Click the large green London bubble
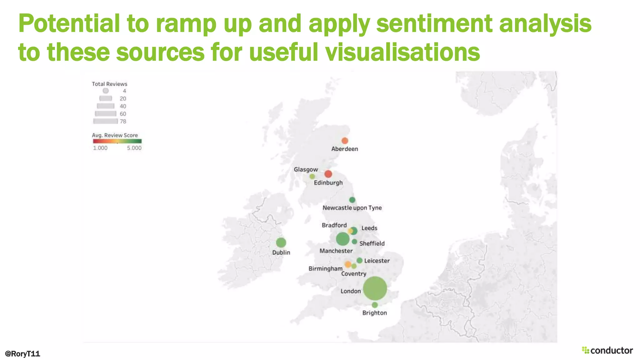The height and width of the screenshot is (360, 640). pos(375,288)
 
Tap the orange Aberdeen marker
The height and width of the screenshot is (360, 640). pos(345,141)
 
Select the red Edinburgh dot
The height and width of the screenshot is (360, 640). pos(328,174)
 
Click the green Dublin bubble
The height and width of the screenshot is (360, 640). pos(281,242)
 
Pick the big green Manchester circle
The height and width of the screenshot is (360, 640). pos(342,239)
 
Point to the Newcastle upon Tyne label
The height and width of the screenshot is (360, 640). pos(352,208)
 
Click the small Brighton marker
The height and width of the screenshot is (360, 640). pos(375,305)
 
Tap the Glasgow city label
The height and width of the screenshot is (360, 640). pos(306,169)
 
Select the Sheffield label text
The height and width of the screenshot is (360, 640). pos(372,243)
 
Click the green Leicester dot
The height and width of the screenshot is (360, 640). pos(359,260)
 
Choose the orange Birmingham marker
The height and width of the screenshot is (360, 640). pos(348,264)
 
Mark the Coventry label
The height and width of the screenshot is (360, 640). pos(353,274)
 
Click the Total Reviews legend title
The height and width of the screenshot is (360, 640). pos(109,84)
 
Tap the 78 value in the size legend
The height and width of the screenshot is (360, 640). pos(123,121)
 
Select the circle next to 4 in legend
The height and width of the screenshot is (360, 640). pos(106,91)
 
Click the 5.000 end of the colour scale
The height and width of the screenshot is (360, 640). pos(134,148)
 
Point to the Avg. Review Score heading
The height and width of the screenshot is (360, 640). pos(115,135)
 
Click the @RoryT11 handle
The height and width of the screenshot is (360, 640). pos(22,353)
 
